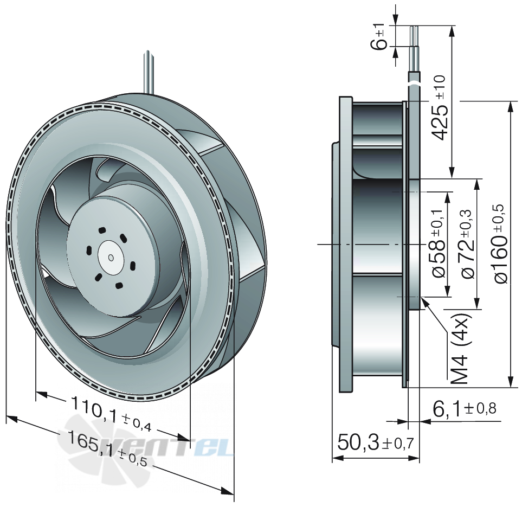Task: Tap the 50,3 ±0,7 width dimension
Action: (376, 442)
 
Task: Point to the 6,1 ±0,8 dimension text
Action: (465, 409)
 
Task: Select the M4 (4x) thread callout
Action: (460, 349)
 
